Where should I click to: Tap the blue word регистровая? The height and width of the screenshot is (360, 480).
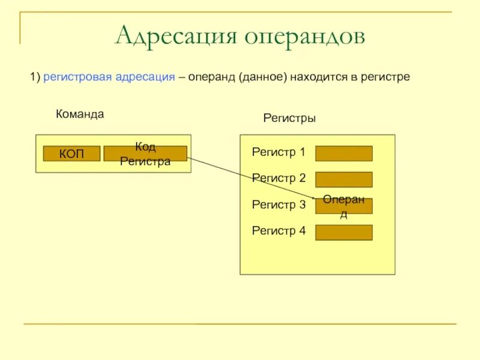[77, 78]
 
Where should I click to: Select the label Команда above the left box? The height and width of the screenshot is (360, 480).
[80, 114]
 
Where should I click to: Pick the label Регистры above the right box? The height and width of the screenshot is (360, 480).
[289, 118]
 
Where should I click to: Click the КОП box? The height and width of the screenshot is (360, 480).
[71, 154]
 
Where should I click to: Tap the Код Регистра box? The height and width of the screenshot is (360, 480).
[145, 154]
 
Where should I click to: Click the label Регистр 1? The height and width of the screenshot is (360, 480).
[279, 152]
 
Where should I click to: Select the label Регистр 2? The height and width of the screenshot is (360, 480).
[279, 178]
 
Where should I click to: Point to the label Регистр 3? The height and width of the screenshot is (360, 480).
[279, 205]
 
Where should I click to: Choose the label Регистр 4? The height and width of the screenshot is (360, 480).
[279, 230]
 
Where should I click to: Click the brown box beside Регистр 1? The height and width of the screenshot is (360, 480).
[344, 154]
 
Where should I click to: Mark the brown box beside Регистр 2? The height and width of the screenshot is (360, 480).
[344, 179]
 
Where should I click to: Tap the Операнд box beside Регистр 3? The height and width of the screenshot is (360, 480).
[344, 206]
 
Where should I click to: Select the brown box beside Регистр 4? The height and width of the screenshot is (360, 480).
[344, 232]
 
